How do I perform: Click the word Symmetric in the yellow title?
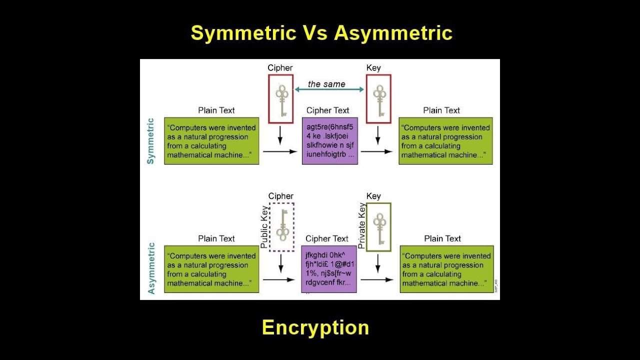(243, 33)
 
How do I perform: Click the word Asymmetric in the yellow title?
(393, 33)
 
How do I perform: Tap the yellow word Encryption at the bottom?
(315, 327)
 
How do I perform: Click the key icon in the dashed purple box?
(282, 226)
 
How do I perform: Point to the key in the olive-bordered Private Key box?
(378, 227)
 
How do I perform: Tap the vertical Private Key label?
(362, 225)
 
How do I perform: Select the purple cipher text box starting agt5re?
(329, 141)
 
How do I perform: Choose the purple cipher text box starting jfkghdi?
(329, 269)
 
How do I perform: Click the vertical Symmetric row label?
(150, 141)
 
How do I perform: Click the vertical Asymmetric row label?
(151, 268)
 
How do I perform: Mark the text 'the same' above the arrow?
(326, 84)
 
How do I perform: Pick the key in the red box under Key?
(378, 99)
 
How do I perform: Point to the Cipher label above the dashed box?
(280, 196)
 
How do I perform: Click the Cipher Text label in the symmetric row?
(327, 110)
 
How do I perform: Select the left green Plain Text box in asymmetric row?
(211, 269)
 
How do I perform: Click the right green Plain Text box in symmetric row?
(445, 141)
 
